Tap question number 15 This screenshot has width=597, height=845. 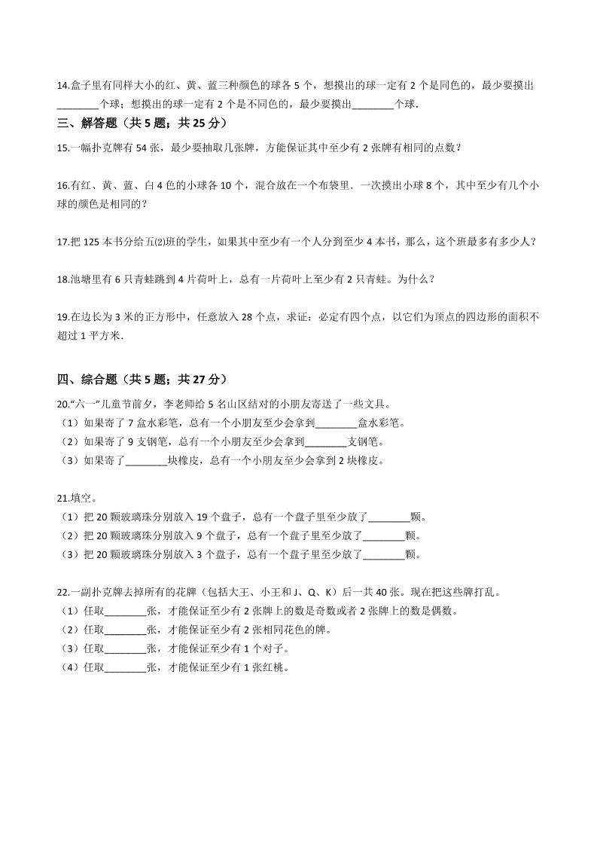pyautogui.click(x=62, y=148)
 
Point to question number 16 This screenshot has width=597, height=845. pyautogui.click(x=62, y=185)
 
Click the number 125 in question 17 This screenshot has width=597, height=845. pyautogui.click(x=90, y=242)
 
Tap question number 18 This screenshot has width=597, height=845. pyautogui.click(x=62, y=279)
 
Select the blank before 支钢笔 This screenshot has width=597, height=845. pyautogui.click(x=325, y=441)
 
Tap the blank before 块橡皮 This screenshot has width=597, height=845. pyautogui.click(x=146, y=461)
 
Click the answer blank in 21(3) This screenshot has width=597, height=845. pyautogui.click(x=384, y=555)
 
